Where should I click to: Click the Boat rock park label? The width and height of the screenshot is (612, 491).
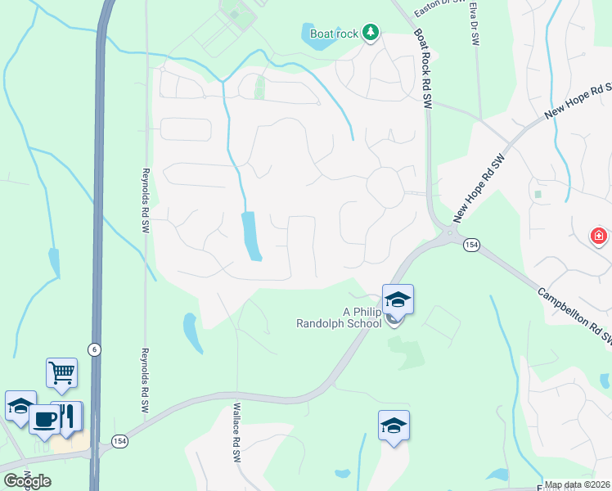coord(335,34)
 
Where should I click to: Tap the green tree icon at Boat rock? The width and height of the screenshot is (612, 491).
coord(371,33)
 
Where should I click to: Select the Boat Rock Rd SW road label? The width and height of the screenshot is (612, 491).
coord(424,69)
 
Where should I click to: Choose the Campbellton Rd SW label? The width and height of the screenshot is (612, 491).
coord(574,314)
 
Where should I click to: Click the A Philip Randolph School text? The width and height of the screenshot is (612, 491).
coord(339,318)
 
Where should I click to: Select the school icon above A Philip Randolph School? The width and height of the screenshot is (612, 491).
coord(398,300)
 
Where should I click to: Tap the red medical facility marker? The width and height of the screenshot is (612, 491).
coord(599,236)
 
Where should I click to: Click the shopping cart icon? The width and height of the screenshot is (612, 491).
coord(62,373)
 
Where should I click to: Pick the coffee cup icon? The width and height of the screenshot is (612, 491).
coord(44,420)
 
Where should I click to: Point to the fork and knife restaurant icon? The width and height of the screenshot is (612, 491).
coord(67,417)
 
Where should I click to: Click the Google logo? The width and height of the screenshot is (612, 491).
coord(27,481)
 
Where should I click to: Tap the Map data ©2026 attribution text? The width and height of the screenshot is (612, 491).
coord(578,485)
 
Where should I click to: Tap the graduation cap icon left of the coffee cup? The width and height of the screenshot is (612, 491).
coord(20,406)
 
